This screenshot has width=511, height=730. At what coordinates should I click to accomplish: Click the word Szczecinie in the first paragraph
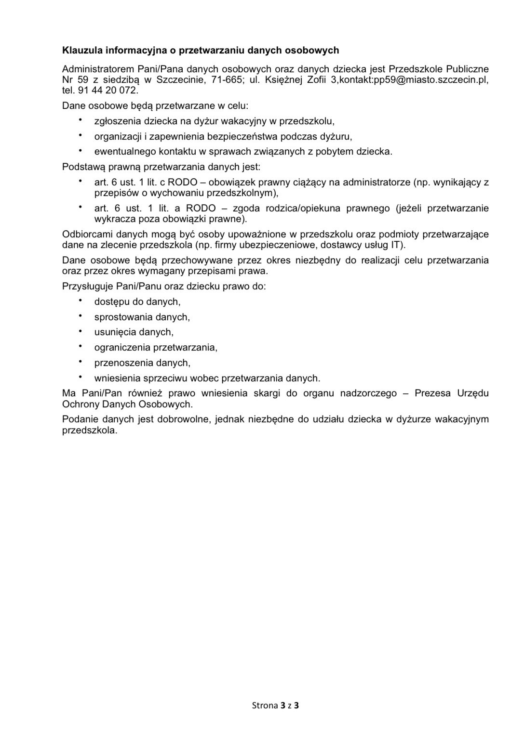(x=178, y=80)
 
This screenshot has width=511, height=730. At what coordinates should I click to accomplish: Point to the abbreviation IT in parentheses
(x=395, y=245)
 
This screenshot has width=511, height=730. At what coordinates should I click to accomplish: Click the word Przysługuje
(x=88, y=287)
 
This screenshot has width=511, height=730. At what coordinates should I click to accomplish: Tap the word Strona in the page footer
(x=265, y=706)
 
